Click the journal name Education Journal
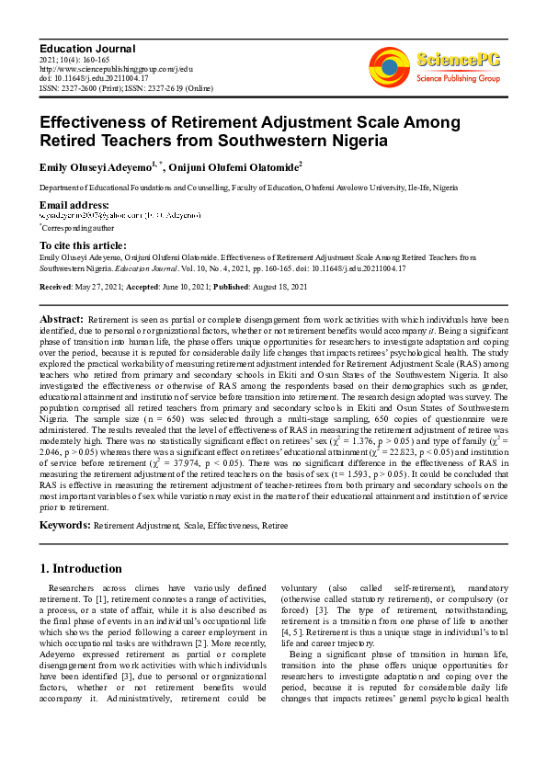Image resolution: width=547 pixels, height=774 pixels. (87, 48)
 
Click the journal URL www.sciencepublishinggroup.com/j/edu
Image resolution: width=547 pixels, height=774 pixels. (115, 68)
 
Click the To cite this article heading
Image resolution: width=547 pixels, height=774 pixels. (83, 245)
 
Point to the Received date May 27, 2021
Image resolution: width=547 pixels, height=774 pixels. (108, 288)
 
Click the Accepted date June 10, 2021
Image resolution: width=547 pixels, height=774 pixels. (180, 288)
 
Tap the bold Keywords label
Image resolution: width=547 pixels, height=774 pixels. (63, 525)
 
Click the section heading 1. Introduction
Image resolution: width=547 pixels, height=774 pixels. (81, 569)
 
